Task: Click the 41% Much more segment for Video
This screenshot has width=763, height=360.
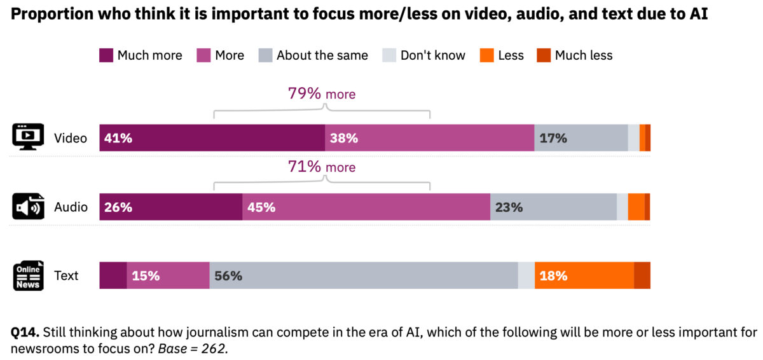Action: [212, 138]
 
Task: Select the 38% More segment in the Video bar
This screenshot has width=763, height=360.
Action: [429, 138]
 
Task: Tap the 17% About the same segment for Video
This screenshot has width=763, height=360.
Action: [581, 138]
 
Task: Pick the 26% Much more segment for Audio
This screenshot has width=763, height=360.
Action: [170, 207]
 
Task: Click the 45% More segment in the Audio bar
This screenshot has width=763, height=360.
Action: [366, 207]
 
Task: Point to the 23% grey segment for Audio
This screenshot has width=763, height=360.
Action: [553, 207]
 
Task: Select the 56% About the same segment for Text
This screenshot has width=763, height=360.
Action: [364, 275]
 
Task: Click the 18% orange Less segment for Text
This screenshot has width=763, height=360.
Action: [584, 275]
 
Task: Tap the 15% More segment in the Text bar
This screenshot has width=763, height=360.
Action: [168, 275]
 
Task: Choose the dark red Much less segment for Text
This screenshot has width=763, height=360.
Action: [642, 275]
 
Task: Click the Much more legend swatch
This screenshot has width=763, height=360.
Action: [106, 55]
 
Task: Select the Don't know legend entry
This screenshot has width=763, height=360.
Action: [423, 55]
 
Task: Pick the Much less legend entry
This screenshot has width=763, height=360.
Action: [575, 55]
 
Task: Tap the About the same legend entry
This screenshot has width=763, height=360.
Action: [313, 55]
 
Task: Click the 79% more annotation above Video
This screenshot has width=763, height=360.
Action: [322, 93]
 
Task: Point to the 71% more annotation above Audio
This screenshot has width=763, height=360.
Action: [322, 167]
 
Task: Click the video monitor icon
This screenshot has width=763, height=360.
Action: [28, 137]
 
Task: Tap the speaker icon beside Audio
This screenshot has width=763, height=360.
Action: [28, 207]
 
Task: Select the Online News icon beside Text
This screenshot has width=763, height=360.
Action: [28, 275]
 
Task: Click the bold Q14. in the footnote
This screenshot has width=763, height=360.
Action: [25, 332]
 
